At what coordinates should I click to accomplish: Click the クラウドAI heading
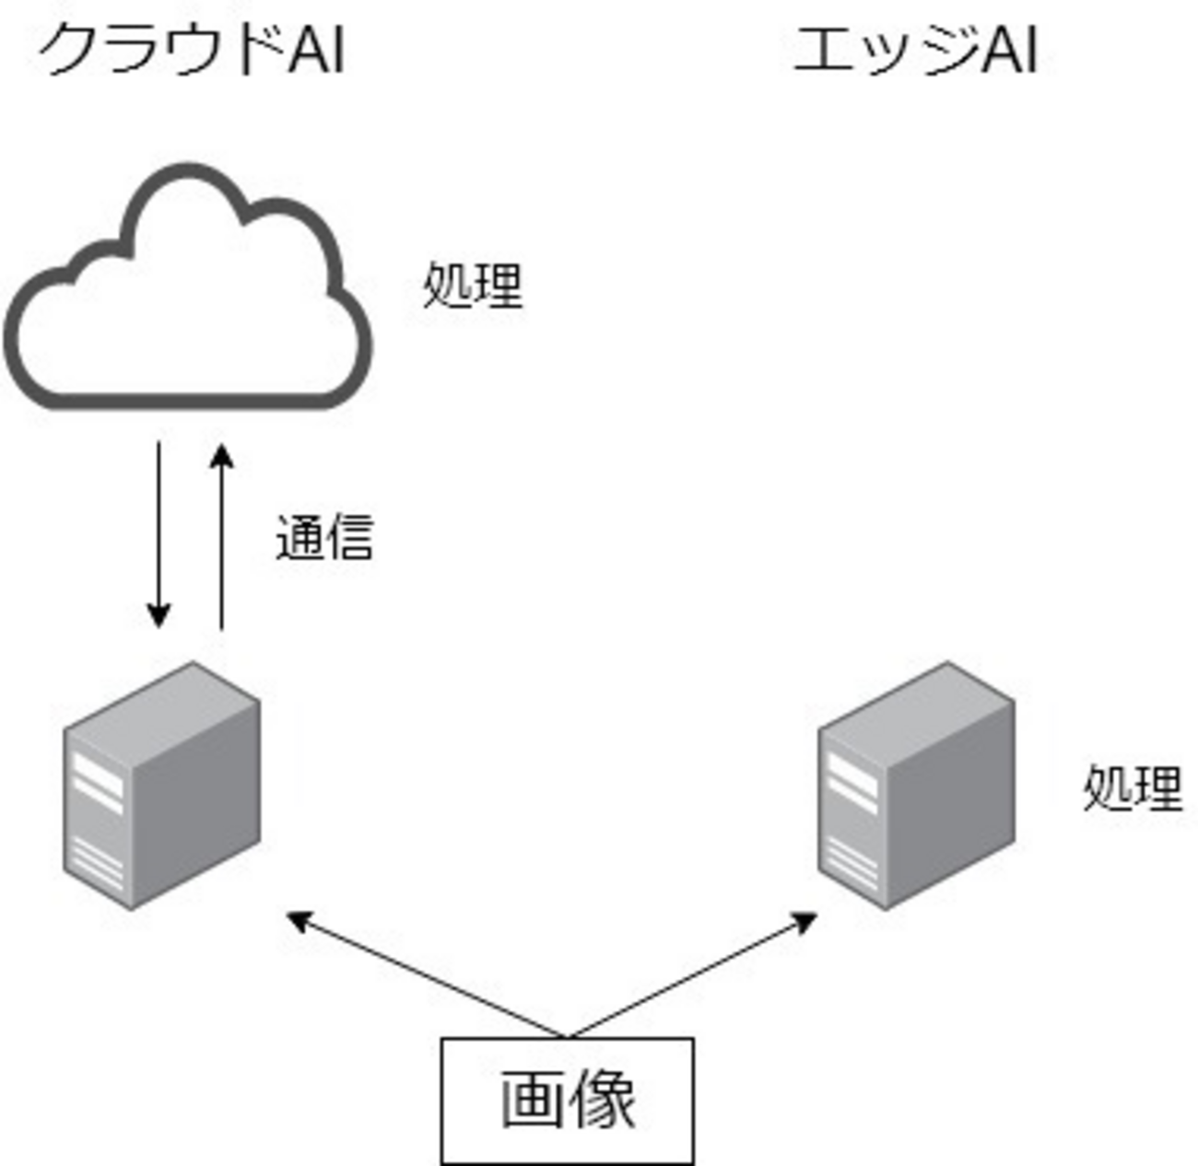192,51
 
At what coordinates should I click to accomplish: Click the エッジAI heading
915,51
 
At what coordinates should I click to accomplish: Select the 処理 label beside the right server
1133,788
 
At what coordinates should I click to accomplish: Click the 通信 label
324,538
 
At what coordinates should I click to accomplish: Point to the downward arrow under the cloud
159,534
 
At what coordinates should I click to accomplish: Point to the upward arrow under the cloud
221,539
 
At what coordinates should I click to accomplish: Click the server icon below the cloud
161,785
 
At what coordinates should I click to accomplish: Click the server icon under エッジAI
917,785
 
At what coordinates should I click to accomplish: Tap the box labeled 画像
567,1101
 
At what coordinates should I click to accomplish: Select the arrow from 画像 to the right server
691,976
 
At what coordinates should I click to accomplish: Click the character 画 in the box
532,1101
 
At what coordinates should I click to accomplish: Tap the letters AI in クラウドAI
316,51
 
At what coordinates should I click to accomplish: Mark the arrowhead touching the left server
298,918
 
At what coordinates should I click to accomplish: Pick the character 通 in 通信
300,538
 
